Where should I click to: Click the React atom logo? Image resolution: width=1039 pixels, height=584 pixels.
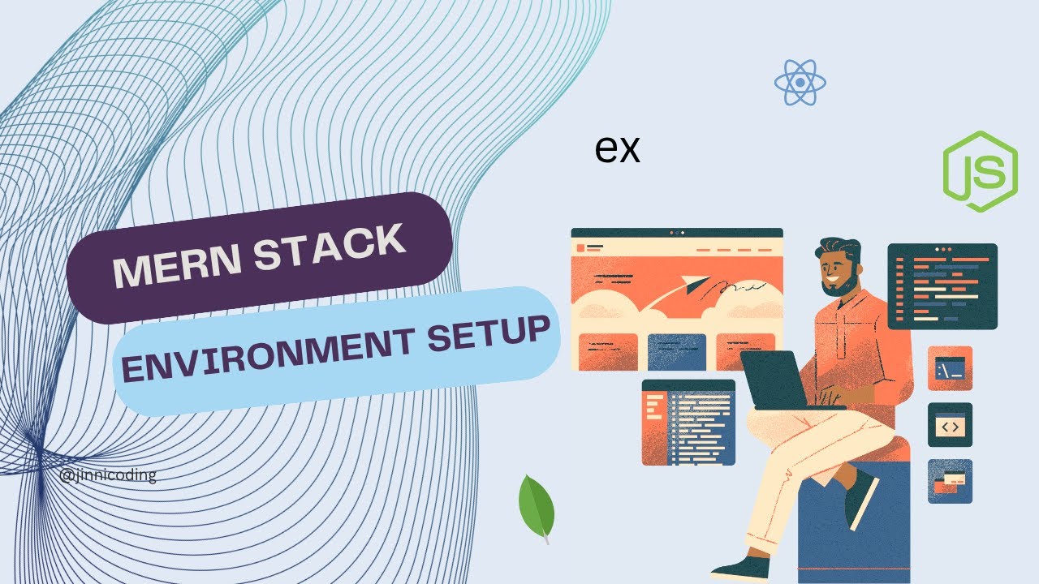800,83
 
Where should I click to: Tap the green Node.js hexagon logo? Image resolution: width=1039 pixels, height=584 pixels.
980,171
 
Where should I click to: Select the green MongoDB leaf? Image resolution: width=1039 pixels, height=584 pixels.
537,508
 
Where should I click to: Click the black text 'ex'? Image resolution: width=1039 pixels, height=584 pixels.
618,148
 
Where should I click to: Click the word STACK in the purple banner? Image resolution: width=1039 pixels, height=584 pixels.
330,245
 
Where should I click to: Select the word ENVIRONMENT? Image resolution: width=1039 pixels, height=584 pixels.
268,353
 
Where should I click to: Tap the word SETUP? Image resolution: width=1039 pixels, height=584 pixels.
489,332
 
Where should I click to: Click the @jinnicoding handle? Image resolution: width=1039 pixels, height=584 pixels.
108,475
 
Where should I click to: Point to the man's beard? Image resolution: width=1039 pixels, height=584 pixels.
842,284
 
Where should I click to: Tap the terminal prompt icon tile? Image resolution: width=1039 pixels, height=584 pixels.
950,368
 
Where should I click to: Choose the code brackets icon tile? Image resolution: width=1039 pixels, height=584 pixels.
950,425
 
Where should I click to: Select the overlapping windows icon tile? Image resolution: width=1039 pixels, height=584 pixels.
950,482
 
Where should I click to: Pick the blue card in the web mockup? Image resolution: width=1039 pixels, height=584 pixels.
677,352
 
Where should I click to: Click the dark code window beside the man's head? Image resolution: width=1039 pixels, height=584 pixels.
942,286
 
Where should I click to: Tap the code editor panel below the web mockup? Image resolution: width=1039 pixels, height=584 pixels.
689,423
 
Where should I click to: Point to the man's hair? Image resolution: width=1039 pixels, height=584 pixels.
839,249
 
